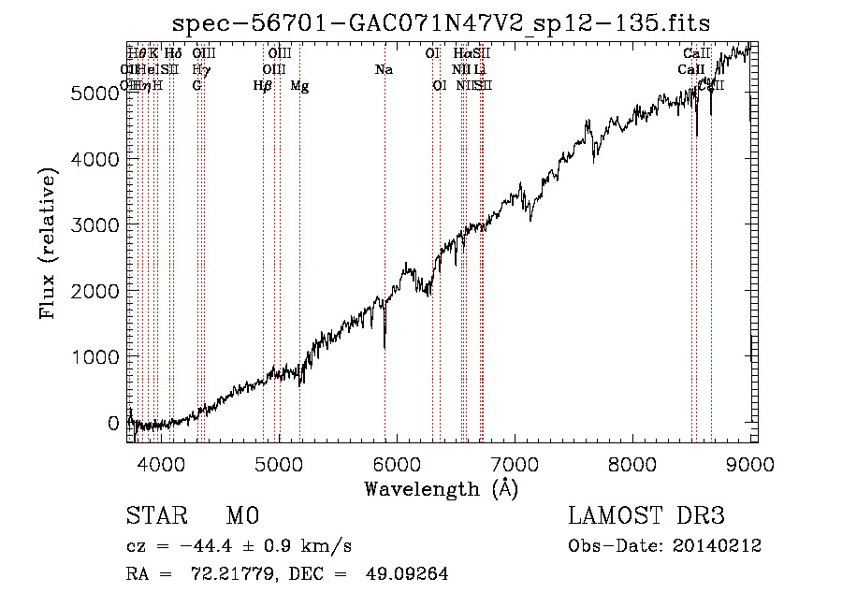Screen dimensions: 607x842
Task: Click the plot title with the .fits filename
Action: [x=443, y=24]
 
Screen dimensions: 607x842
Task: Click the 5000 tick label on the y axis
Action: [x=100, y=94]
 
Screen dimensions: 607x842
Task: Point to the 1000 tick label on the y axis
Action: [x=100, y=357]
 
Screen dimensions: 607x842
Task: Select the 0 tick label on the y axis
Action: [x=115, y=423]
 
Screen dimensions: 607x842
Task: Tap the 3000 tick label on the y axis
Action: [x=100, y=225]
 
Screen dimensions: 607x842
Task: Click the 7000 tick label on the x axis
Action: [x=515, y=464]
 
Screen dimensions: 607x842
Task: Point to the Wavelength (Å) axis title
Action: [x=441, y=488]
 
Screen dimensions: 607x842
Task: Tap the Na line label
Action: [x=384, y=70]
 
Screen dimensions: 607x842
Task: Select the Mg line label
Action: [x=299, y=86]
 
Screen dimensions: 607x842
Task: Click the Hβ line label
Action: [x=263, y=86]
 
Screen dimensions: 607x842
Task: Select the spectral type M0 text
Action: [x=242, y=516]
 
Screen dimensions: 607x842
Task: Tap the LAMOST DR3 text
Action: [x=646, y=516]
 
